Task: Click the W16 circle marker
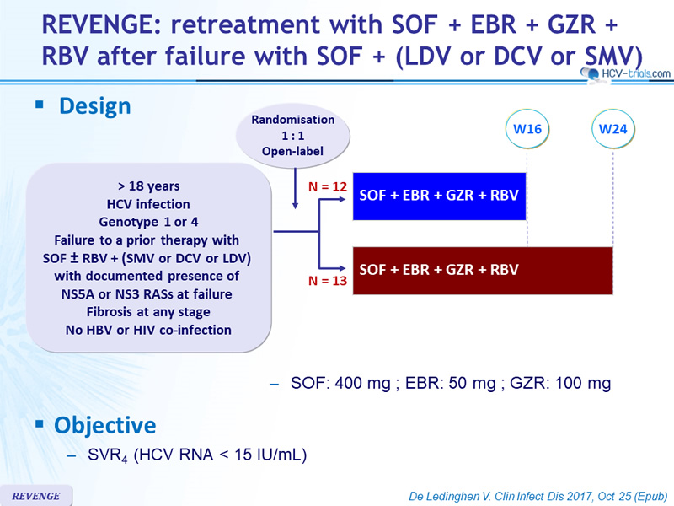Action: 527,129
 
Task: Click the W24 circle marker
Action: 613,129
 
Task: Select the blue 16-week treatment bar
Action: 439,196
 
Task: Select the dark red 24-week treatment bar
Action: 483,271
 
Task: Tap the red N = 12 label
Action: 328,186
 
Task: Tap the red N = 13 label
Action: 328,281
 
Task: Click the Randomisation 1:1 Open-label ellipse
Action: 292,136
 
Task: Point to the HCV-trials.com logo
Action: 625,73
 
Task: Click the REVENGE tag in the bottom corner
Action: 36,496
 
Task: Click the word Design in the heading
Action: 95,106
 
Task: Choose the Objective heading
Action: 104,425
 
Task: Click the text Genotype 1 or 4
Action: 149,222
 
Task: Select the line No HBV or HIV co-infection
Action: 148,330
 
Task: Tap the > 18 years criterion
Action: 149,186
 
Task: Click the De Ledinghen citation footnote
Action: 538,496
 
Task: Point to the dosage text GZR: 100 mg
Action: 560,383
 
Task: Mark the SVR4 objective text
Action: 197,455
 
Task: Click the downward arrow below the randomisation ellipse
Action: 295,188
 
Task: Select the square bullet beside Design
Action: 40,104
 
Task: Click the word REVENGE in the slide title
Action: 100,24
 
